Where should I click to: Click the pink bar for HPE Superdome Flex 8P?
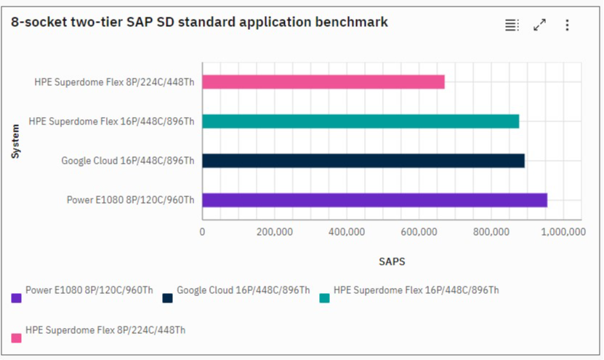[323, 81]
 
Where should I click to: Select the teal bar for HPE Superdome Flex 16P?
[361, 121]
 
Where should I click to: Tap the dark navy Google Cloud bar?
[363, 160]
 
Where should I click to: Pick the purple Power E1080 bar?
[374, 200]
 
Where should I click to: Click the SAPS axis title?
[391, 261]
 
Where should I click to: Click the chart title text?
[199, 23]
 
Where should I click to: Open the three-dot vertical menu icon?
[567, 25]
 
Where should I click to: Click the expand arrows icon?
[539, 25]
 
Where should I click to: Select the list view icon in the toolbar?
[512, 25]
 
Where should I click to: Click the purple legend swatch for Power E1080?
[16, 297]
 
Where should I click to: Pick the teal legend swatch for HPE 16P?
[325, 297]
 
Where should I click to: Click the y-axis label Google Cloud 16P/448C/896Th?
[127, 161]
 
